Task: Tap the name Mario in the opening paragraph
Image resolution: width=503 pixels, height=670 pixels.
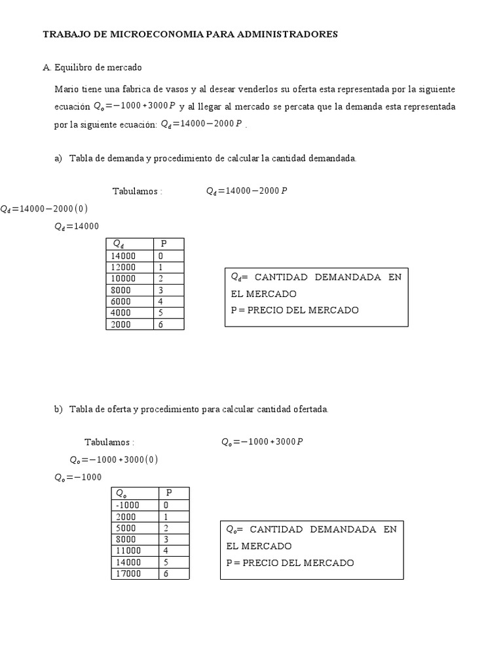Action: click(x=65, y=89)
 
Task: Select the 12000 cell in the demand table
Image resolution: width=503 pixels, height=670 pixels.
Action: click(x=124, y=268)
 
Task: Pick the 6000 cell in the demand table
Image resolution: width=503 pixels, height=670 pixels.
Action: click(x=121, y=302)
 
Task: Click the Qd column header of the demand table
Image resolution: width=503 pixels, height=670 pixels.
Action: click(x=119, y=244)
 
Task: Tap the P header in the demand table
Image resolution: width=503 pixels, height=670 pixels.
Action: click(x=164, y=244)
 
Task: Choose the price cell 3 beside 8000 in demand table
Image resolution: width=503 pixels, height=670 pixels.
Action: click(x=160, y=291)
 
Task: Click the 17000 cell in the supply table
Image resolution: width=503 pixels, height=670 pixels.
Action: click(x=128, y=574)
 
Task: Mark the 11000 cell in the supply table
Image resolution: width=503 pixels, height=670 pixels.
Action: click(x=128, y=551)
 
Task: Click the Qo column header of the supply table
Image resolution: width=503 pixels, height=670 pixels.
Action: click(x=122, y=493)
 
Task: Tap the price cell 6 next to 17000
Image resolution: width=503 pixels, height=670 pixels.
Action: click(x=166, y=574)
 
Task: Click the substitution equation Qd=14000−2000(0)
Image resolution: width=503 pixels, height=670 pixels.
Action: click(x=44, y=209)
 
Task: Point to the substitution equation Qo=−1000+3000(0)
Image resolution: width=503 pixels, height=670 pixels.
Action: click(x=114, y=459)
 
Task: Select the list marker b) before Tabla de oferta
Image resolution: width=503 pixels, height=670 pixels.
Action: click(x=58, y=410)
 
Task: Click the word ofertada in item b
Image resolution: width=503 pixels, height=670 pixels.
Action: click(x=311, y=410)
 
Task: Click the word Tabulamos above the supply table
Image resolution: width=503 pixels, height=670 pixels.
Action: click(x=107, y=442)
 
